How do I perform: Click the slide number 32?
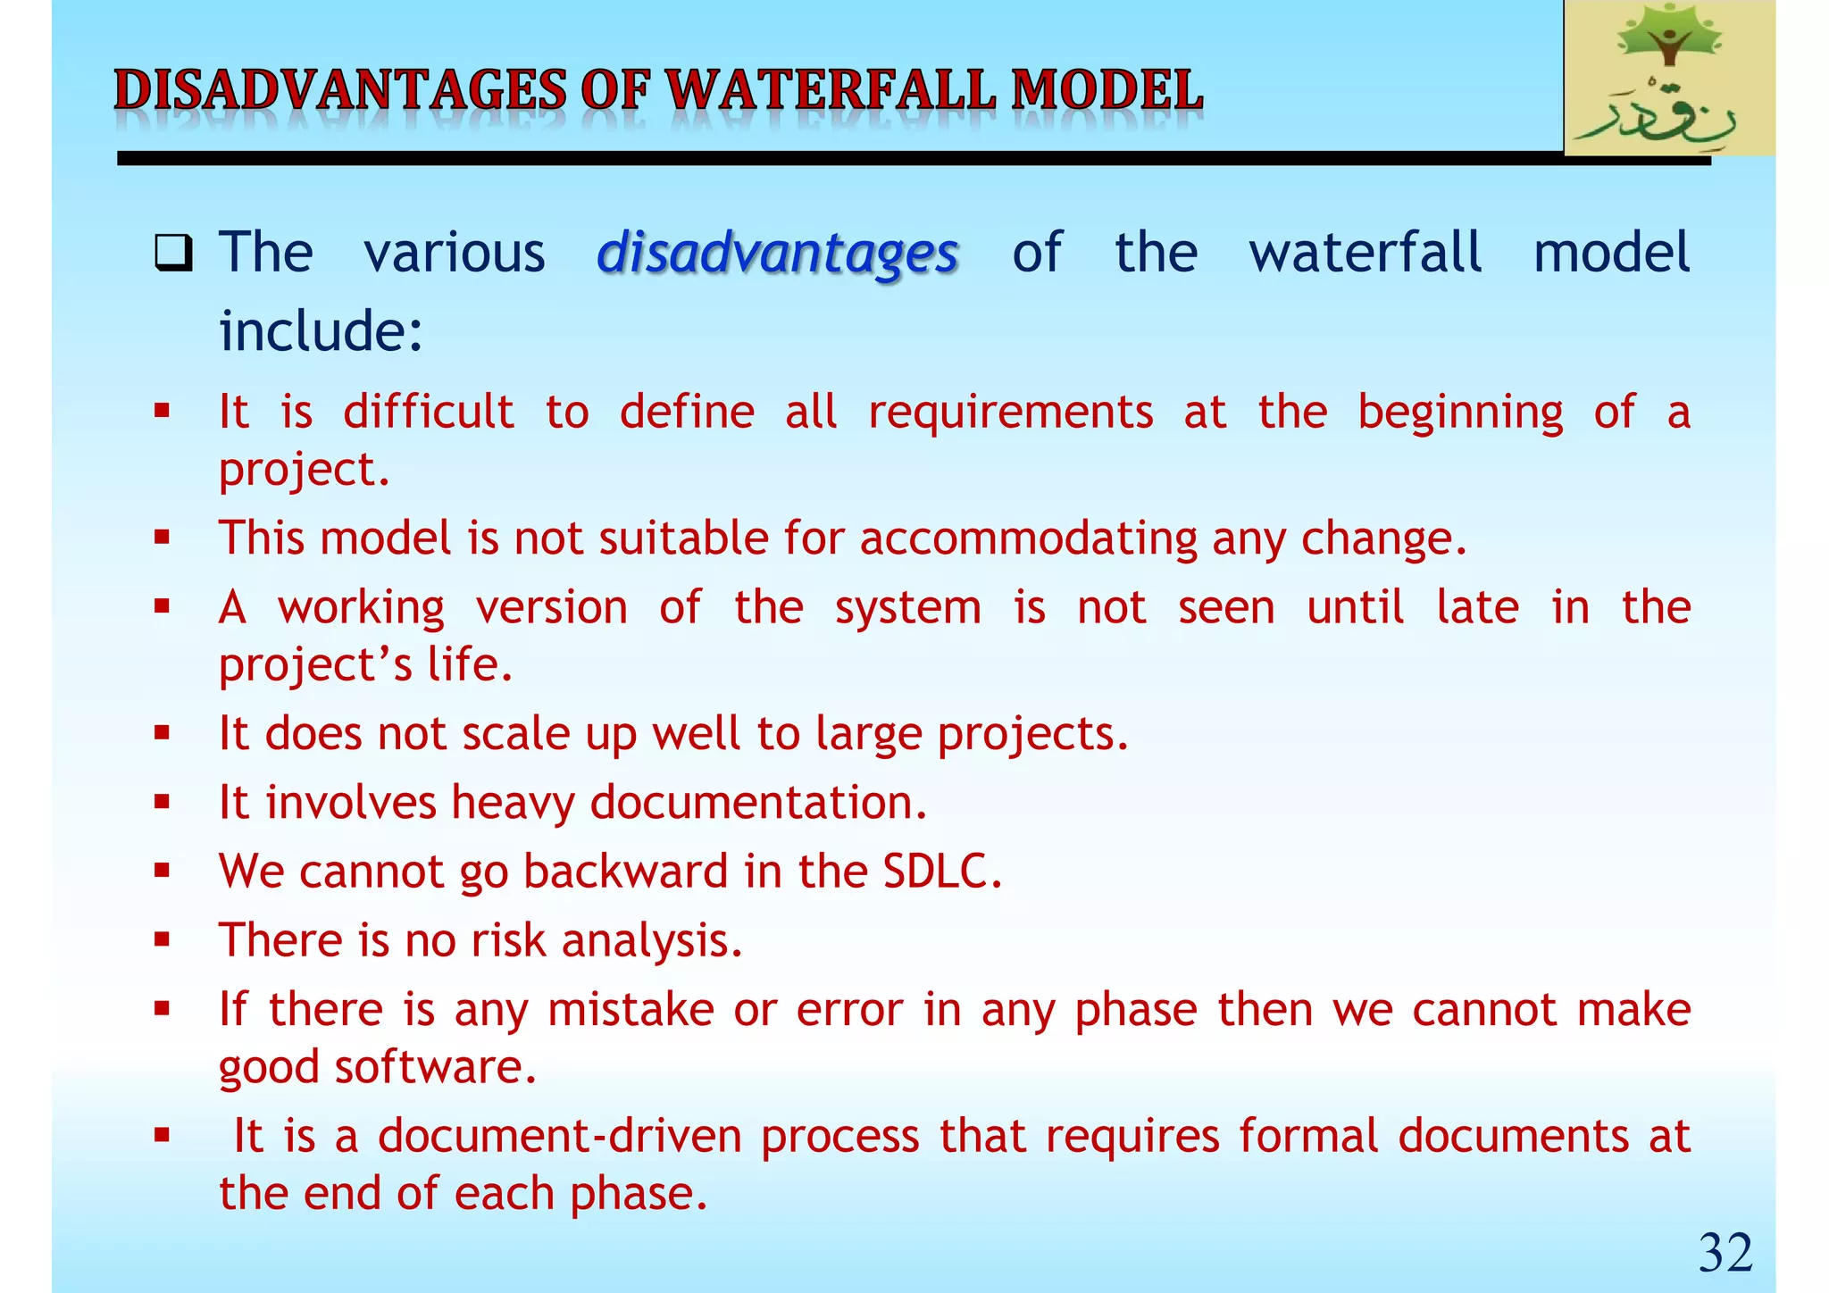click(1725, 1253)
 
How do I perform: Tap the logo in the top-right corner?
click(1669, 79)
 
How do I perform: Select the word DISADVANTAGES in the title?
click(340, 92)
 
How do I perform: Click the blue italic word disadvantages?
click(777, 254)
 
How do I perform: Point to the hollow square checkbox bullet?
click(172, 253)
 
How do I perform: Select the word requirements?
click(1010, 413)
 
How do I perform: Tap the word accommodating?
click(1028, 539)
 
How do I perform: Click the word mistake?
click(631, 1011)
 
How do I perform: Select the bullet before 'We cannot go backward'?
click(162, 871)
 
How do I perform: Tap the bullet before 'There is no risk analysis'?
click(162, 939)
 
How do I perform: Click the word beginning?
click(1460, 413)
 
